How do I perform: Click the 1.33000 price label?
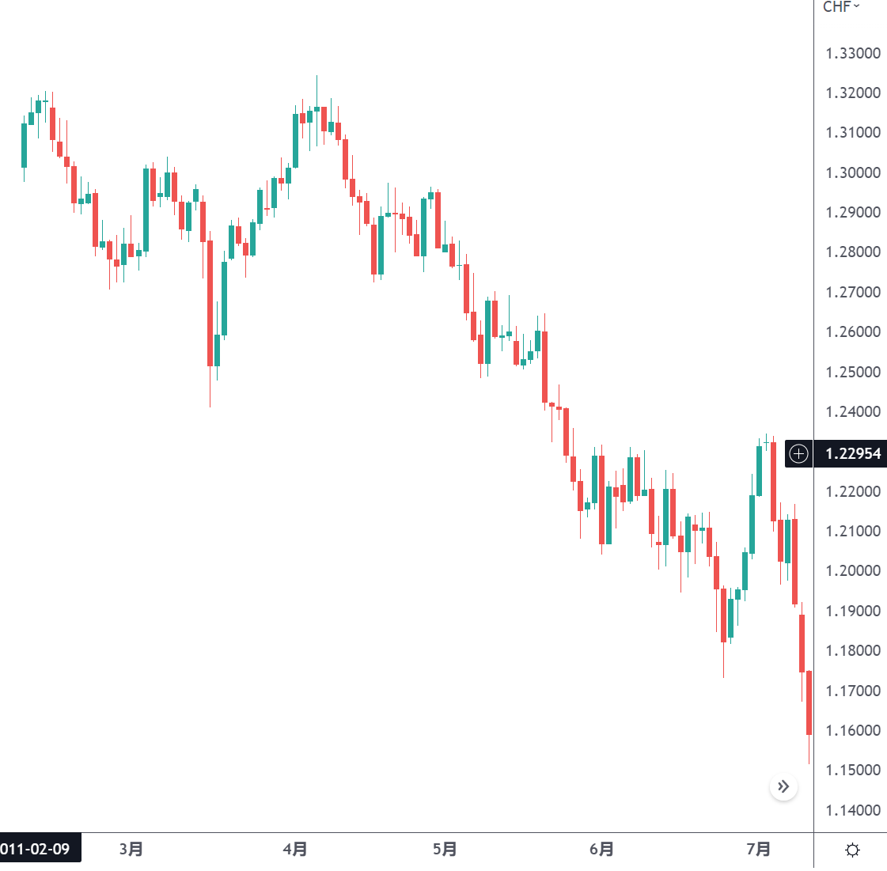click(853, 54)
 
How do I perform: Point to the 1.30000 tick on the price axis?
click(853, 173)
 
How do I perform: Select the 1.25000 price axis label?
click(853, 373)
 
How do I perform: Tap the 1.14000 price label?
click(853, 811)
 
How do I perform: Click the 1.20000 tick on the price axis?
click(853, 571)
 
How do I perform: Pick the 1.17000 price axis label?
click(853, 691)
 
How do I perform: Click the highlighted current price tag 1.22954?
click(852, 454)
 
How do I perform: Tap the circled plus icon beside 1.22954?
click(799, 454)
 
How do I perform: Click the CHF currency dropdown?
click(841, 7)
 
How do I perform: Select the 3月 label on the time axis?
click(131, 850)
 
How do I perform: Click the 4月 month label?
click(295, 850)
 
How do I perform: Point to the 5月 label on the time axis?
click(445, 850)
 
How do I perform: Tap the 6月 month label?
click(601, 850)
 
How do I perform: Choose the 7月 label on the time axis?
click(758, 850)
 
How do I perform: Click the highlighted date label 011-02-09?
click(36, 850)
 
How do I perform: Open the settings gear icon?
click(852, 850)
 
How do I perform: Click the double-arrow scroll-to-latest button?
click(783, 786)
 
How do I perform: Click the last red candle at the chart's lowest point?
click(809, 702)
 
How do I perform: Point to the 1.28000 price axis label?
click(853, 252)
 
